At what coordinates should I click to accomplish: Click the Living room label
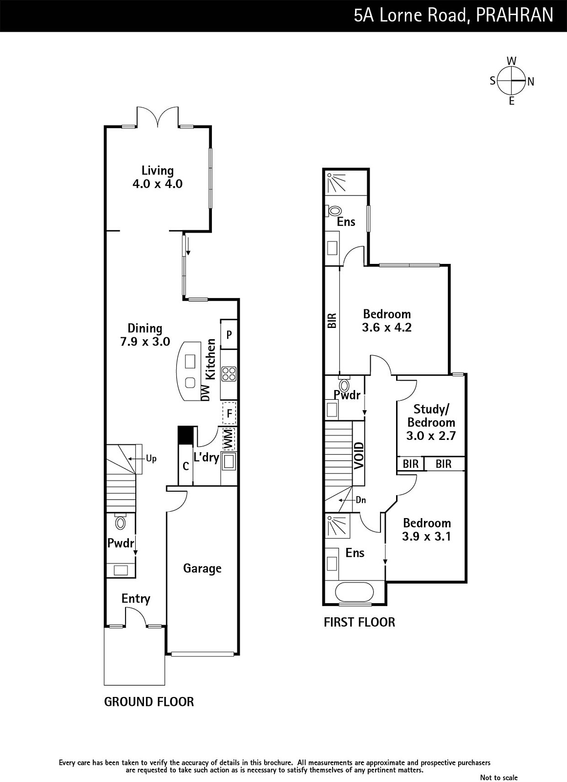click(157, 171)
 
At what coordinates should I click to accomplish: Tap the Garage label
click(202, 568)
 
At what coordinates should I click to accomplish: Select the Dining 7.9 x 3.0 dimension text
click(145, 342)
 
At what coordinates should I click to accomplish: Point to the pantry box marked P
click(229, 334)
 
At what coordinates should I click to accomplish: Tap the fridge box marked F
click(229, 413)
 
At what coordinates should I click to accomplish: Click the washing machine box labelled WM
click(229, 439)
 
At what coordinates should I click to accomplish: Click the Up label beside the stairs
click(151, 458)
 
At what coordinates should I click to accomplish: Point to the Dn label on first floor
click(361, 500)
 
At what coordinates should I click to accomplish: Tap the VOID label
click(358, 456)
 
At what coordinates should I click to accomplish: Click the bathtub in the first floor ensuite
click(355, 592)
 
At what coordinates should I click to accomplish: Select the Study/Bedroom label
click(431, 415)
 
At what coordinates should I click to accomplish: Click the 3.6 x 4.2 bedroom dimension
click(387, 327)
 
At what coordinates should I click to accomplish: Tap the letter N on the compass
click(531, 82)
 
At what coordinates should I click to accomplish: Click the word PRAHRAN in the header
click(514, 15)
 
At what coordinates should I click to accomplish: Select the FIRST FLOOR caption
click(359, 622)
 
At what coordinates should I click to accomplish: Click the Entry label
click(136, 599)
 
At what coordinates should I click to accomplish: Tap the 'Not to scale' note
click(499, 778)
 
